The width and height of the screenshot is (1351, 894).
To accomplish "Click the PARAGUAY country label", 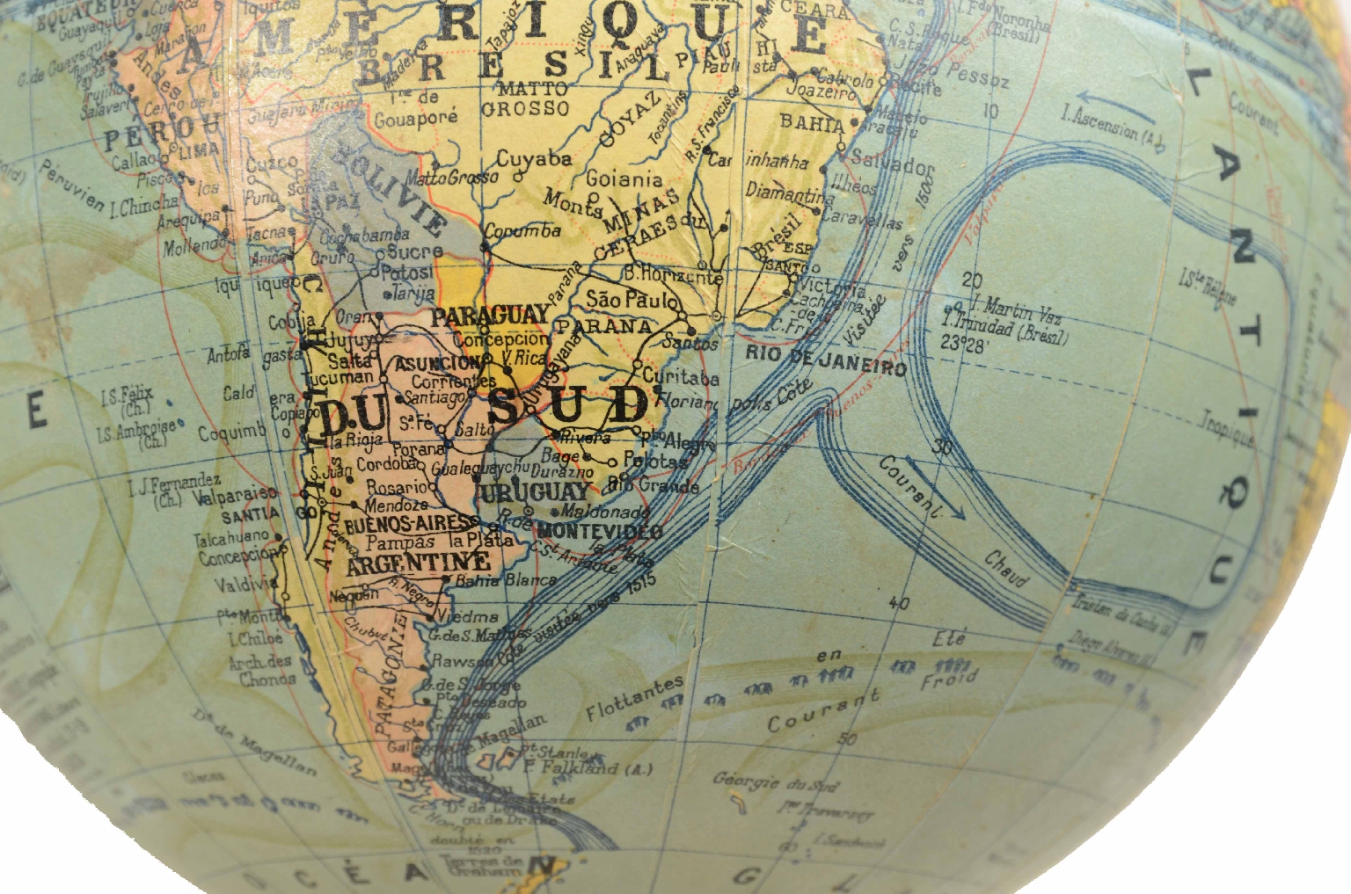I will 490,316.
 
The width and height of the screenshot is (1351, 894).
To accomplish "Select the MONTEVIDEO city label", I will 600,530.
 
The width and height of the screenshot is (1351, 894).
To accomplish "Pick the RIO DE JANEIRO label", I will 826,360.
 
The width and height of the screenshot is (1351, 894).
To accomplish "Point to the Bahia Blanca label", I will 506,580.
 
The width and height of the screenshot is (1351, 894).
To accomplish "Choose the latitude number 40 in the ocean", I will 899,603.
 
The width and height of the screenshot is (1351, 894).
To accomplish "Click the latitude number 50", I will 847,738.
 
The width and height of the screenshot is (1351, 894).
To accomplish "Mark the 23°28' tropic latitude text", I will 963,345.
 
